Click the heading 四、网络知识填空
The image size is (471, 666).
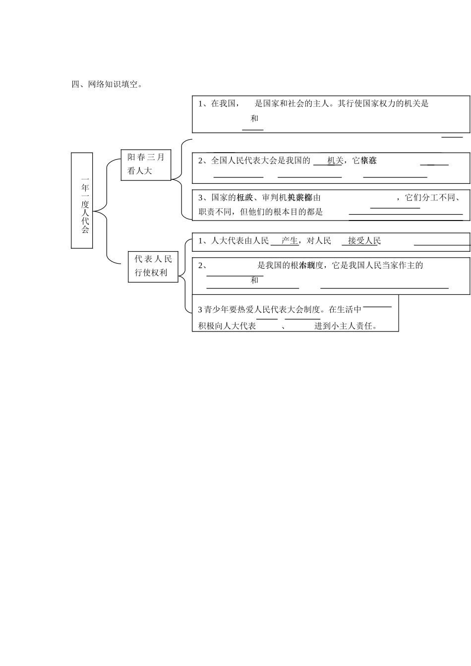point(107,84)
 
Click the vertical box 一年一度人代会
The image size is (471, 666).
point(85,200)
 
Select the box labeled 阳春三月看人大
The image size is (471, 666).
point(146,165)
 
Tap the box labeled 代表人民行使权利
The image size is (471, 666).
point(153,266)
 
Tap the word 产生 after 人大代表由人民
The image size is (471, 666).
point(289,241)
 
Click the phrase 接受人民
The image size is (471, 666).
point(364,241)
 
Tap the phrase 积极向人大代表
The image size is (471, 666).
point(227,326)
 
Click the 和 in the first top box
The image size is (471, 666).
point(254,118)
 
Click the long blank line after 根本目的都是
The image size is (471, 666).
point(406,214)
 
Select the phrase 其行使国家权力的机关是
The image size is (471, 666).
point(383,104)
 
